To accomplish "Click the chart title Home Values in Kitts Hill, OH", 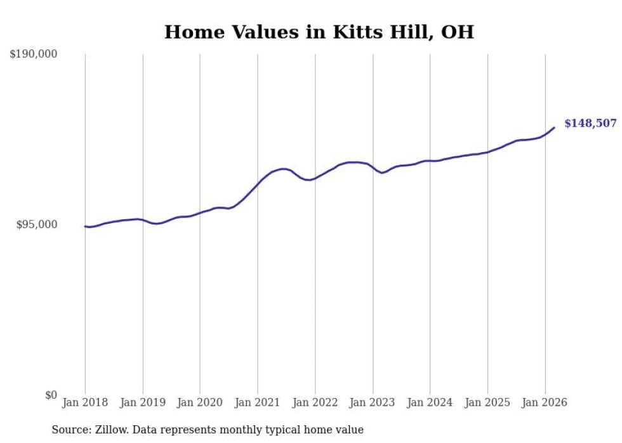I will click(x=319, y=32).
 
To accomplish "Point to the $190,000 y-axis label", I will click(x=34, y=55).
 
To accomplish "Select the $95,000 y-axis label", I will click(x=36, y=225).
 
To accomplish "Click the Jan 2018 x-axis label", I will click(x=85, y=402).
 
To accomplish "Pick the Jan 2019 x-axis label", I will click(x=142, y=402).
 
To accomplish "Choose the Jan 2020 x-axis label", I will click(x=200, y=402).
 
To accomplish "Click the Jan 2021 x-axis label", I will click(x=257, y=402).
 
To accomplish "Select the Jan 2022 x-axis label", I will click(x=315, y=402).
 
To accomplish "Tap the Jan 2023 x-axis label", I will click(x=373, y=402).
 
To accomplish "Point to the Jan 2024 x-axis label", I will click(x=430, y=402).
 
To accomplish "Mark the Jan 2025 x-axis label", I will click(x=487, y=402).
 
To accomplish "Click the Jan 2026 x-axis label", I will click(x=545, y=402).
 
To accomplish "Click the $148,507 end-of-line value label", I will click(x=590, y=123).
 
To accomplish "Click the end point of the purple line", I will click(x=554, y=127).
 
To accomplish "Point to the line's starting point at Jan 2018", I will click(x=85, y=226).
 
